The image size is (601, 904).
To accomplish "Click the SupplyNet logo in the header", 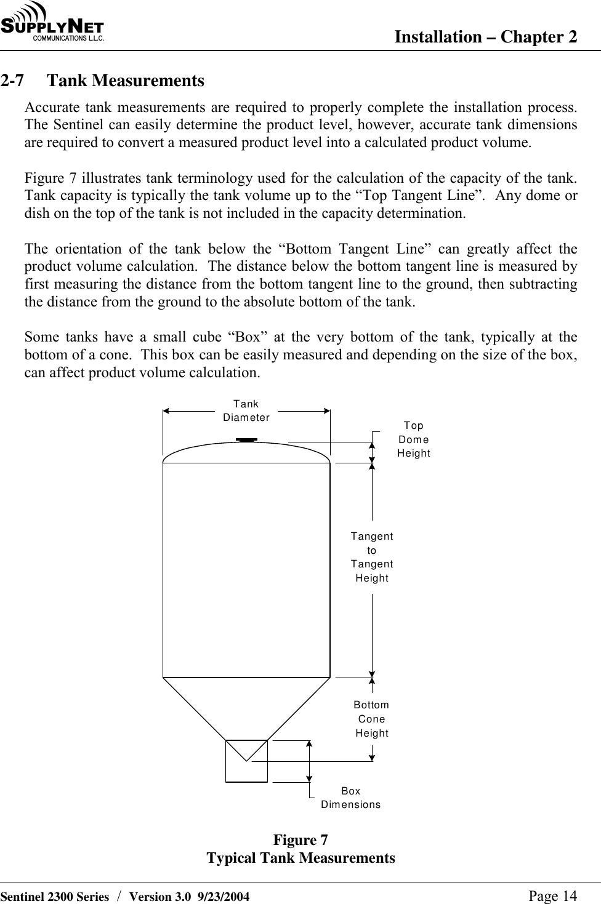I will [52, 23].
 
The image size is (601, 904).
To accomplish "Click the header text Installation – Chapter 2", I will [485, 37].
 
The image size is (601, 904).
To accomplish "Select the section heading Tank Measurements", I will [126, 81].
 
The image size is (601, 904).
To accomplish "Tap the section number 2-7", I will [13, 81].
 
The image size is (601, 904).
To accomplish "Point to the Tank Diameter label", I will [246, 410].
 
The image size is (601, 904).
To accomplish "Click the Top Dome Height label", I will [414, 439].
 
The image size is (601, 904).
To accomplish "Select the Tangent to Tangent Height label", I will [372, 557].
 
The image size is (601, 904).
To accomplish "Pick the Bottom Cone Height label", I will [371, 719].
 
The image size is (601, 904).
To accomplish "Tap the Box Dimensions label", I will [351, 798].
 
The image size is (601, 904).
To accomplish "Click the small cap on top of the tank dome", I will [247, 440].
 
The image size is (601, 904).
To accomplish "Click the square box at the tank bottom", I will [246, 761].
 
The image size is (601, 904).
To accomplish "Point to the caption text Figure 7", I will [300, 840].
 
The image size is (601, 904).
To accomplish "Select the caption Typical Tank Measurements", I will [300, 858].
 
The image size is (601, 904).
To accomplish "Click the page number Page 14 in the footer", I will [553, 896].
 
